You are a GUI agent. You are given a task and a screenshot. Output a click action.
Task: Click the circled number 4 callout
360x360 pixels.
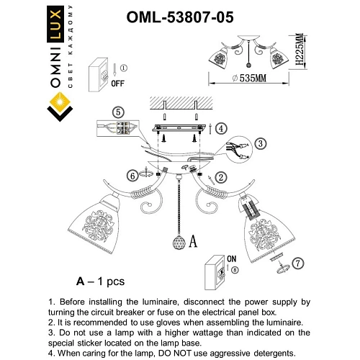[x=222, y=127]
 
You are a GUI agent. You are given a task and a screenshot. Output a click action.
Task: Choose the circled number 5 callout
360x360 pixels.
[x=118, y=112]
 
